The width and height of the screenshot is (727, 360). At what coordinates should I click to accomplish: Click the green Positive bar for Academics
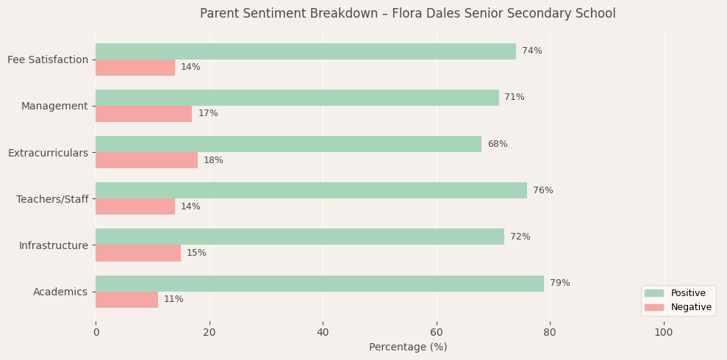click(320, 284)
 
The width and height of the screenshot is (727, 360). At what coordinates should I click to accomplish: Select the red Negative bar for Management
click(143, 114)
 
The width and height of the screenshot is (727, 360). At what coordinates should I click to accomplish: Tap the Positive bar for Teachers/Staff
click(311, 190)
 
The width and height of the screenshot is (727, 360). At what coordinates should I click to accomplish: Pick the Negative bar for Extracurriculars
click(146, 160)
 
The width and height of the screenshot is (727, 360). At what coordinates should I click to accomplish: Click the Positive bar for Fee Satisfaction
click(306, 51)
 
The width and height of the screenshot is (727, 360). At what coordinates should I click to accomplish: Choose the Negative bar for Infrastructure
click(138, 253)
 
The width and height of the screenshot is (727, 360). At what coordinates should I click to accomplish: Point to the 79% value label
click(560, 284)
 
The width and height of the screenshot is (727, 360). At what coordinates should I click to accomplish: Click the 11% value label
click(173, 300)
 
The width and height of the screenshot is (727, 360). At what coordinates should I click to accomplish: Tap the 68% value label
click(498, 145)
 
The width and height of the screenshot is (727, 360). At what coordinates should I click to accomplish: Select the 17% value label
click(208, 114)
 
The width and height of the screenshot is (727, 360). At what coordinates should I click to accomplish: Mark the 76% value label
click(543, 191)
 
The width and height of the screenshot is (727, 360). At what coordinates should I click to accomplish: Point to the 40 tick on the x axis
click(323, 333)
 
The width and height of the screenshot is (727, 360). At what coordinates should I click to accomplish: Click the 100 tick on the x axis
click(664, 333)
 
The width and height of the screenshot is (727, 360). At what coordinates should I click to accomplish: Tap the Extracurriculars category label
click(48, 153)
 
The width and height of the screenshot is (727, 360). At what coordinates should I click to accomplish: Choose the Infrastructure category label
click(54, 245)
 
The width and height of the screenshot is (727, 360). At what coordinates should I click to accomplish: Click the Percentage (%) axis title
click(408, 348)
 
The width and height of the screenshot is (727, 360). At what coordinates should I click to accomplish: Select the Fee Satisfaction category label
click(48, 60)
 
